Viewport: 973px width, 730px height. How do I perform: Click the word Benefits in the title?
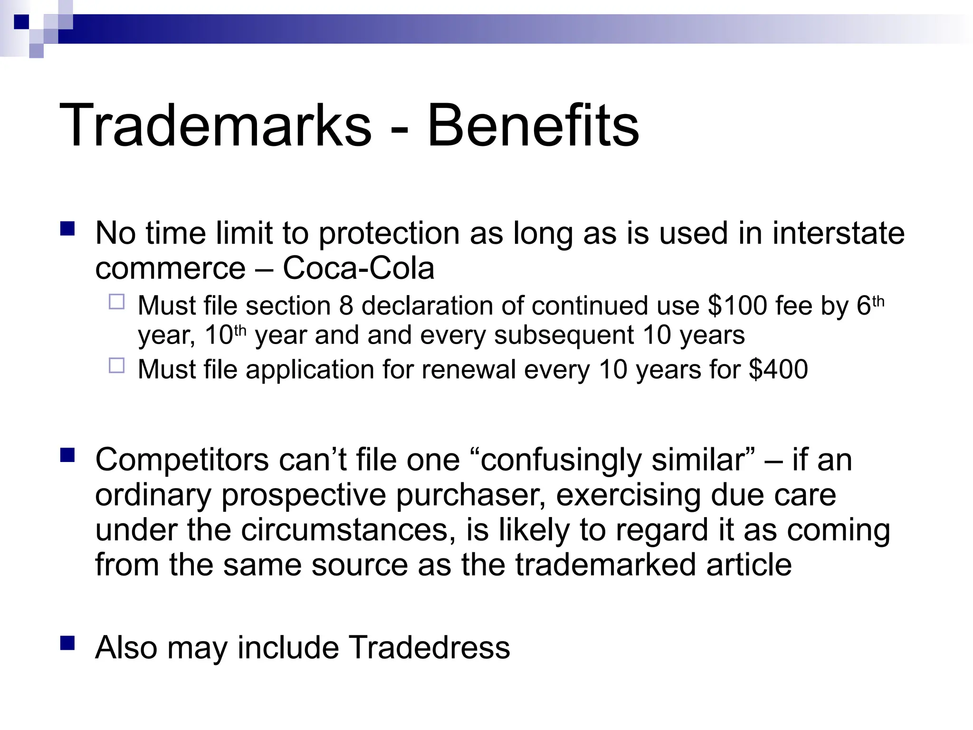pyautogui.click(x=533, y=126)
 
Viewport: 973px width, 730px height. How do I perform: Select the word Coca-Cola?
pyautogui.click(x=358, y=268)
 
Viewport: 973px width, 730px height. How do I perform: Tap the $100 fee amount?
pyautogui.click(x=737, y=306)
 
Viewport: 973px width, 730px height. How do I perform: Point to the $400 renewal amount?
pyautogui.click(x=778, y=369)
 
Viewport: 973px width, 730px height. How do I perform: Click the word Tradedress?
pyautogui.click(x=429, y=647)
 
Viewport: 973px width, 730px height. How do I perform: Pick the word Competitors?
pyautogui.click(x=182, y=460)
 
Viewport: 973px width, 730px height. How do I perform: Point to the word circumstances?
pyautogui.click(x=344, y=530)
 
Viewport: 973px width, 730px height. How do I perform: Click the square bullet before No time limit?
pyautogui.click(x=68, y=229)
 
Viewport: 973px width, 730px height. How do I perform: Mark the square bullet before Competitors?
pyautogui.click(x=68, y=455)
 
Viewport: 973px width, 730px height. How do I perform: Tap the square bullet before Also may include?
pyautogui.click(x=68, y=643)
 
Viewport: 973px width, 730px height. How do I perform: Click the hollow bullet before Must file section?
pyautogui.click(x=116, y=302)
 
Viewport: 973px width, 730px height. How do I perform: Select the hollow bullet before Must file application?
pyautogui.click(x=116, y=365)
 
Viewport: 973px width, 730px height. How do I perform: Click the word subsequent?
pyautogui.click(x=563, y=336)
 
